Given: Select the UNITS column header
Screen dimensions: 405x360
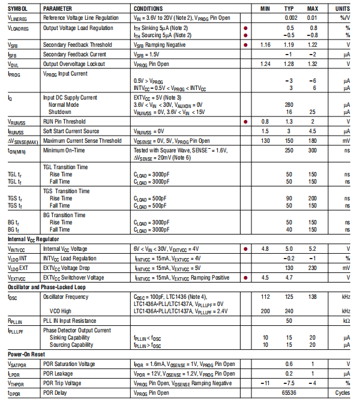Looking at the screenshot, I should coord(342,9).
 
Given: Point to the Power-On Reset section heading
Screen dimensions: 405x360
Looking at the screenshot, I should coord(25,354).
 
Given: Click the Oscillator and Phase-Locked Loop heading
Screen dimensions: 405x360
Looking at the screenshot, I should coord(46,287).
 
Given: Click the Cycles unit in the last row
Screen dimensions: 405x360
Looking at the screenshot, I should coord(342,393).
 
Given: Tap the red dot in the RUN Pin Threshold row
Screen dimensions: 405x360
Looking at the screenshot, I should coord(245,121).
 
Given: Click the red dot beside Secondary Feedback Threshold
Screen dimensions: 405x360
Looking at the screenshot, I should coord(245,45).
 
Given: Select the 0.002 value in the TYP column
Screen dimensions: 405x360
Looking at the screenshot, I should coord(290,18).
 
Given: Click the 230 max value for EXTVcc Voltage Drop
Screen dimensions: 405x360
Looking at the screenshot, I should coord(312,268).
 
